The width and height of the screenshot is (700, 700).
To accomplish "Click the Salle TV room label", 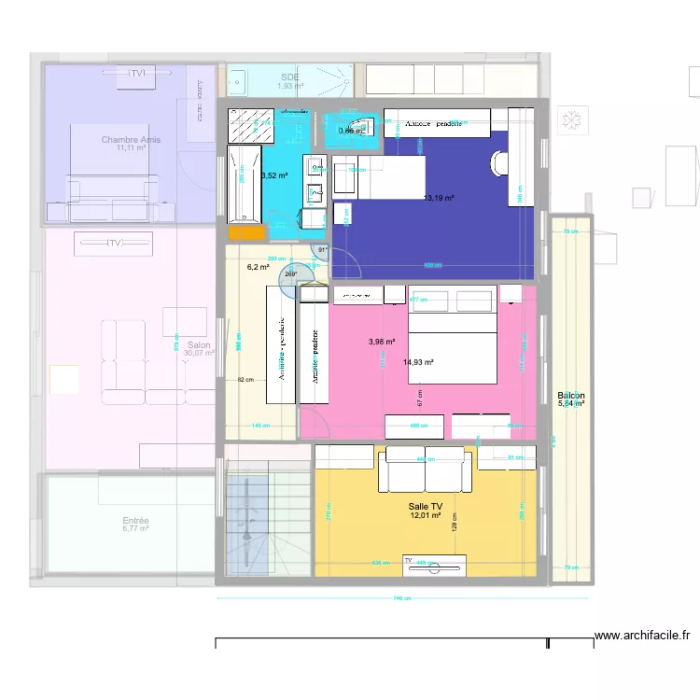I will point(425,505).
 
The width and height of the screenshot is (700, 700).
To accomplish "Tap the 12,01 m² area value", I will point(425,514).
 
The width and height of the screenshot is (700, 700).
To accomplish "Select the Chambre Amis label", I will point(131,140).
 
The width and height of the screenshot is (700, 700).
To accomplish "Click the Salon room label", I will point(198,344).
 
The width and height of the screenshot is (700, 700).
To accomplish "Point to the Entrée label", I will point(136,521).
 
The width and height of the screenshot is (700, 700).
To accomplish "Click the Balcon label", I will point(570,396).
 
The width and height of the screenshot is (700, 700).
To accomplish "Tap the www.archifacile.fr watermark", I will point(642,636).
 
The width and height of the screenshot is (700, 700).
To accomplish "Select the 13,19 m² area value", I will point(439,198).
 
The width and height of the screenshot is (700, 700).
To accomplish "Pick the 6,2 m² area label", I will point(258,267).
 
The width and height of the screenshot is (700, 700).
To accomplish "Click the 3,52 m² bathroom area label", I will point(274,175).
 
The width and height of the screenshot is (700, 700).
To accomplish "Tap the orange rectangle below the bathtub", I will point(245,233).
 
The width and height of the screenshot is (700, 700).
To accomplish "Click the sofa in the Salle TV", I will point(425,469).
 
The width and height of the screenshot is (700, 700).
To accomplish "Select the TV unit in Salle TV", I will point(434,565).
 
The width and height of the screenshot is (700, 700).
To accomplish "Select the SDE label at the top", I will point(290,77).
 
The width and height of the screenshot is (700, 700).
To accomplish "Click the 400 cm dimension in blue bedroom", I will point(433,266).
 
